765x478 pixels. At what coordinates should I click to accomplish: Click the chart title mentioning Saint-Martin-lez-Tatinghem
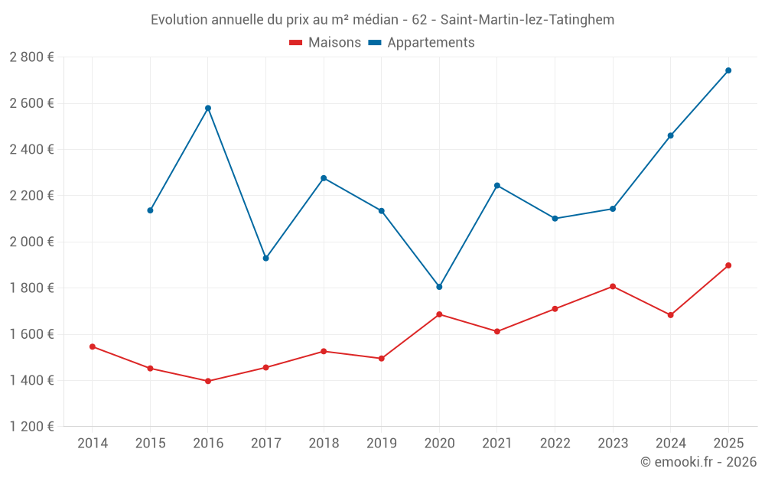coord(382,20)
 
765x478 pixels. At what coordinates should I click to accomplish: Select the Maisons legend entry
coord(325,43)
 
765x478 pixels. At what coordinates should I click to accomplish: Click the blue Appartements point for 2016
coord(208,108)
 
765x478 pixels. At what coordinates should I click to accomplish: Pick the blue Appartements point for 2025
coord(728,70)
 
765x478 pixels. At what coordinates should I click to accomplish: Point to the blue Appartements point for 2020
coord(439,287)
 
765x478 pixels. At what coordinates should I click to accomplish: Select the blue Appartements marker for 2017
coord(265,259)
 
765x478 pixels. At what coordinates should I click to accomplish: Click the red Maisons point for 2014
coord(93,346)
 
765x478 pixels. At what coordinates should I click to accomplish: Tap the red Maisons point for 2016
coord(208,381)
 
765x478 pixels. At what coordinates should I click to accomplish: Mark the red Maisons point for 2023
coord(613,286)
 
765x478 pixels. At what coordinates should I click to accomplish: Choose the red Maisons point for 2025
coord(728,265)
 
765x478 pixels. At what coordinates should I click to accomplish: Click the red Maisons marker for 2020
coord(439,314)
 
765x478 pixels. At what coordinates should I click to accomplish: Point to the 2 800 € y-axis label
coord(31,57)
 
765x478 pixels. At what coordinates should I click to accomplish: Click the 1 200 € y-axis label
coord(31,427)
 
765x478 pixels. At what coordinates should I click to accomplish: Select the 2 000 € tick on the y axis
coord(31,242)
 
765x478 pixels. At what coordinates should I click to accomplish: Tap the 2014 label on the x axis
coord(93,443)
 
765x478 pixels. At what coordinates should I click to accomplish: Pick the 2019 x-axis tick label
coord(381,443)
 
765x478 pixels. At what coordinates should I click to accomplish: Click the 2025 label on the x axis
coord(728,443)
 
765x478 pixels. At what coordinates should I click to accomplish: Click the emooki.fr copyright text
coord(698,462)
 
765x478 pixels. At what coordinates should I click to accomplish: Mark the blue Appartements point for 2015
coord(150,210)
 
